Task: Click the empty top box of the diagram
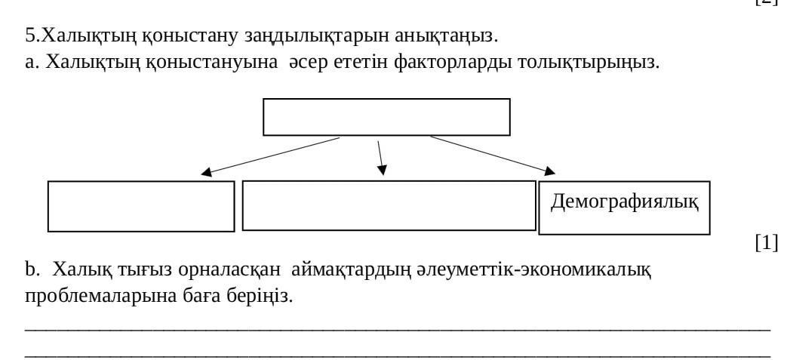click(x=386, y=117)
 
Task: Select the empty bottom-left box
click(x=141, y=206)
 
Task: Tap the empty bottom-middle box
click(x=389, y=205)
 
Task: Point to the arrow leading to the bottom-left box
click(x=272, y=156)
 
